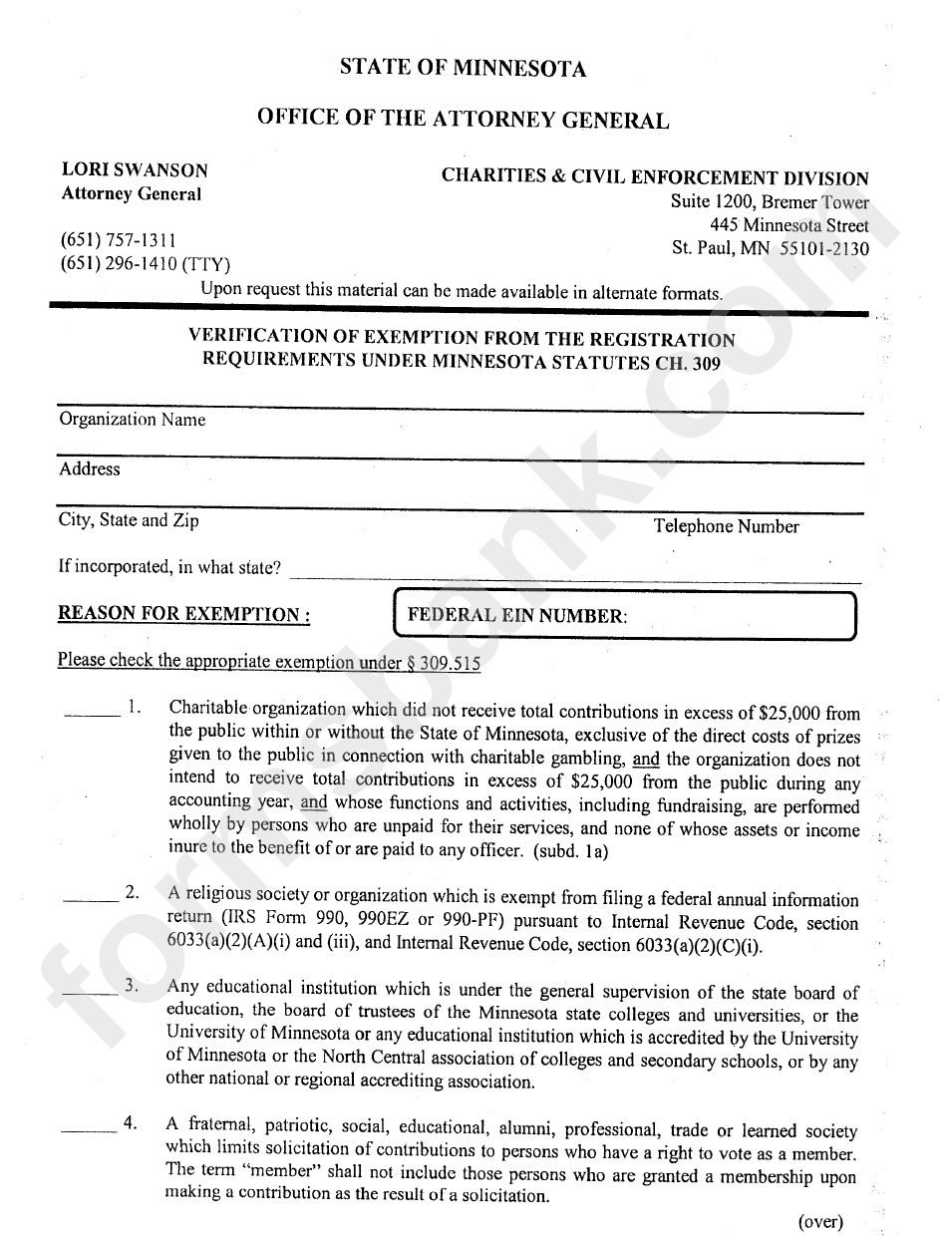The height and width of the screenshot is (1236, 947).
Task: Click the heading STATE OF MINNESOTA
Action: pos(463,68)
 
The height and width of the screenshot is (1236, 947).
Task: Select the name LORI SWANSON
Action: pos(135,170)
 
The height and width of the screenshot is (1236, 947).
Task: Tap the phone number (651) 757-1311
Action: pos(119,240)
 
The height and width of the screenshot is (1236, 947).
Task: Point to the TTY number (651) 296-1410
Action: pos(145,264)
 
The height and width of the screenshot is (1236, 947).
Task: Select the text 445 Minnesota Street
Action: pos(789,225)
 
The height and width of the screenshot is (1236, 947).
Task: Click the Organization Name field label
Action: pos(132,420)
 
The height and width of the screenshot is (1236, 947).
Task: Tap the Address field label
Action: pos(89,468)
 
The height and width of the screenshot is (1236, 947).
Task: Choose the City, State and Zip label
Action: pos(129,520)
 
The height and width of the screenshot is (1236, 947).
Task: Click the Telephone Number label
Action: pos(726,526)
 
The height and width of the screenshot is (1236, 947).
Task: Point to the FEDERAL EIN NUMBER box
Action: pos(626,615)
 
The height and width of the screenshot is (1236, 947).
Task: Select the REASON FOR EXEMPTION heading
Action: pos(183,613)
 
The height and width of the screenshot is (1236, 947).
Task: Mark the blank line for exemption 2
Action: pos(91,899)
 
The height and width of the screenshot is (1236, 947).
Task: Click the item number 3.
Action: pos(132,987)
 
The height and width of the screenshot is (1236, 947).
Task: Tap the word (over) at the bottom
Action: pos(820,1221)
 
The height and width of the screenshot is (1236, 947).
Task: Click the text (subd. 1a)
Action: pos(570,850)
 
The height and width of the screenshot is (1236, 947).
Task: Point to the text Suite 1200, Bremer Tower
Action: pos(769,202)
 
